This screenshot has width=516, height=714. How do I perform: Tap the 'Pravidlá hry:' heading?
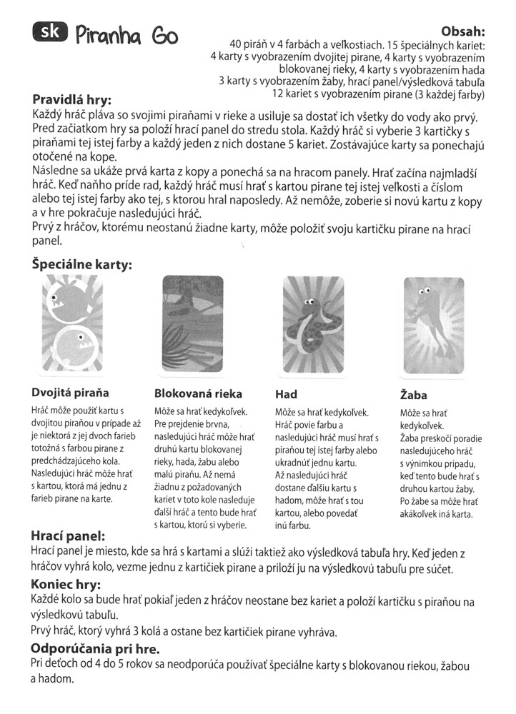[x=71, y=100]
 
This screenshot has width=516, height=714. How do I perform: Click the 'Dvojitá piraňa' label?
[x=70, y=392]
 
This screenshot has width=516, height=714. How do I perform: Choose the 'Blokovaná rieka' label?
[x=198, y=393]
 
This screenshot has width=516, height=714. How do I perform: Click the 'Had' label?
[x=286, y=393]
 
